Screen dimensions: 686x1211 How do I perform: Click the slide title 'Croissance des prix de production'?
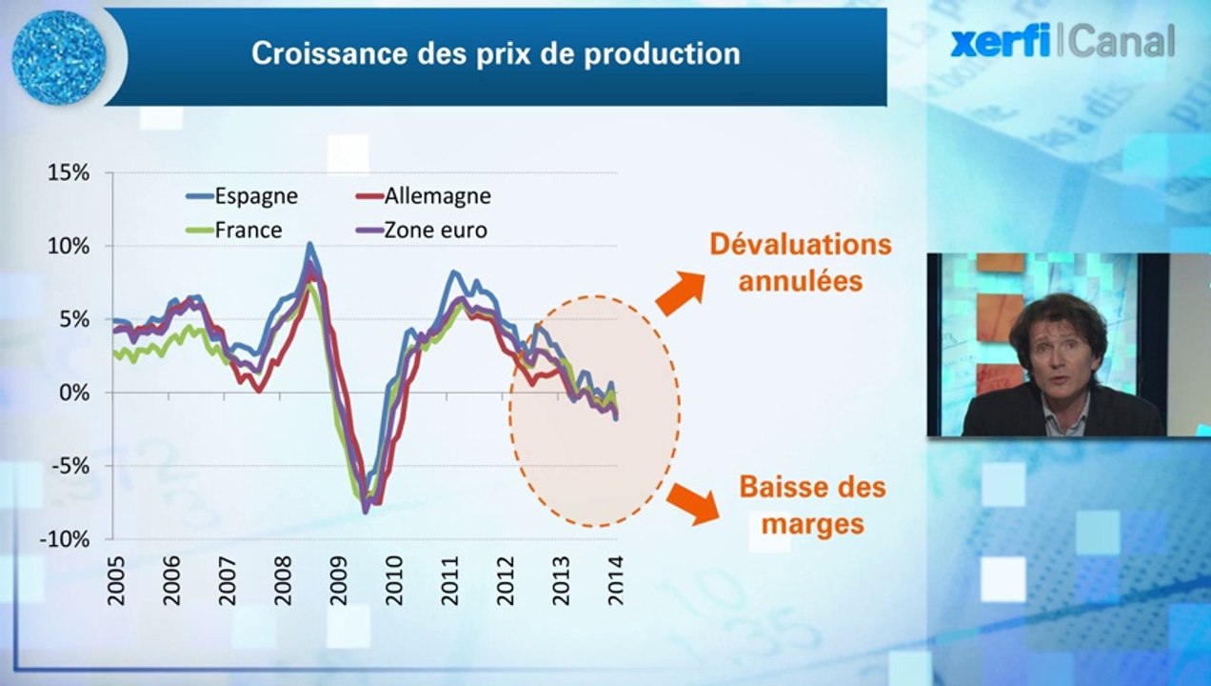click(495, 54)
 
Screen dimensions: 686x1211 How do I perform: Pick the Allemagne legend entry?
click(424, 197)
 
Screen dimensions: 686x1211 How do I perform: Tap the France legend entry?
click(234, 230)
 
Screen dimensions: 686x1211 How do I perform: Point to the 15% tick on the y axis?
click(69, 173)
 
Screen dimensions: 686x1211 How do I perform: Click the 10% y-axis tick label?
click(69, 247)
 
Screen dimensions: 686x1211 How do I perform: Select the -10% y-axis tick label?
click(65, 540)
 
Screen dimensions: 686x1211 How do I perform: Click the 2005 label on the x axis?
click(115, 579)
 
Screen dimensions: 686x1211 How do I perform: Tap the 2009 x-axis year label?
click(339, 579)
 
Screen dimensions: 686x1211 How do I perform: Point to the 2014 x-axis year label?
click(617, 579)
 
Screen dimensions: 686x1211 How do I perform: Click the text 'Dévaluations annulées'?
click(800, 262)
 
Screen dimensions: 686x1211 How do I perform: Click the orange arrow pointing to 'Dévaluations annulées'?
click(679, 292)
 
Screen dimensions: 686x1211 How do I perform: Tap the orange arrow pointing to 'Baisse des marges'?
click(692, 502)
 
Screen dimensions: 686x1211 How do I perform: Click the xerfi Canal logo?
click(1062, 41)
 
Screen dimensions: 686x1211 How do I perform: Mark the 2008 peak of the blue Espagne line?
click(310, 245)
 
